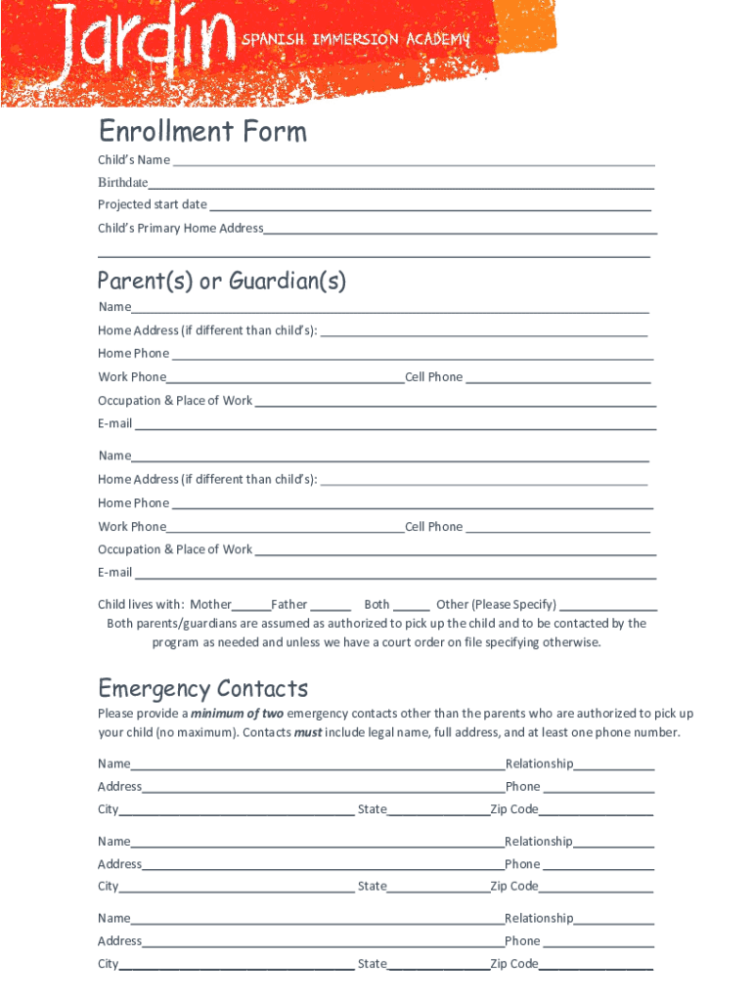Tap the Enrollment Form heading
[x=202, y=131]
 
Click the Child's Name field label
[x=134, y=160]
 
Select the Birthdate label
[x=123, y=183]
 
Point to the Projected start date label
[x=153, y=205]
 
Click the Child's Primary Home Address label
[x=181, y=229]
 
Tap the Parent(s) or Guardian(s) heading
[x=222, y=282]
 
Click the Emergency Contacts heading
[x=203, y=688]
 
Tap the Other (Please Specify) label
[x=497, y=605]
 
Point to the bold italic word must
[x=308, y=733]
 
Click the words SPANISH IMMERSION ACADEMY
[x=356, y=39]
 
